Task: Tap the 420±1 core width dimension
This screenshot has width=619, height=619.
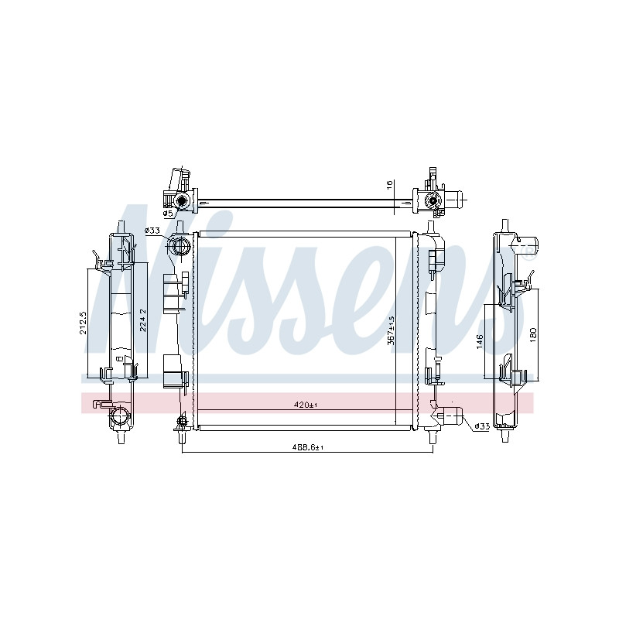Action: (306, 405)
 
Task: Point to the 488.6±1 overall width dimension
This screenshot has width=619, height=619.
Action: (307, 447)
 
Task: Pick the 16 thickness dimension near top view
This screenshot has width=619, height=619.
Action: (389, 185)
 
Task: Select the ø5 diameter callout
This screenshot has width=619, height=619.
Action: (168, 214)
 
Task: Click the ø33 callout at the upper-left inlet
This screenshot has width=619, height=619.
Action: (152, 230)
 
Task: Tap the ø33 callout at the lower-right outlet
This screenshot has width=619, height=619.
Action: (482, 426)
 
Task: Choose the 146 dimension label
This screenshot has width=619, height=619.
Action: (480, 341)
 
